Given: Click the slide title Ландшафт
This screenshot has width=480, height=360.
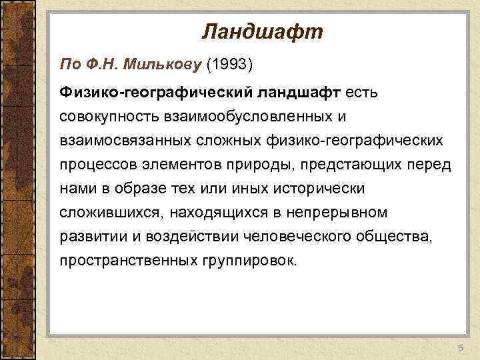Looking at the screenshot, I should click(x=261, y=31).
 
